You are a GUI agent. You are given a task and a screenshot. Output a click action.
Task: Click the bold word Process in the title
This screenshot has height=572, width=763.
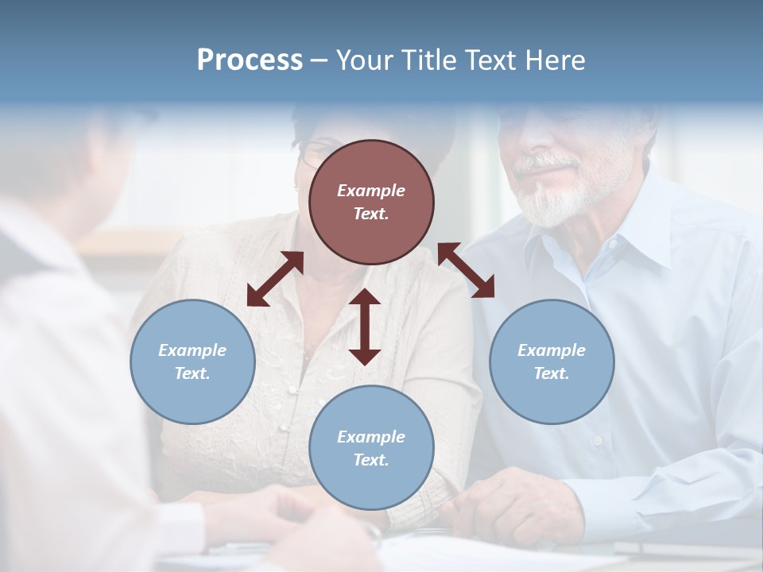pyautogui.click(x=250, y=60)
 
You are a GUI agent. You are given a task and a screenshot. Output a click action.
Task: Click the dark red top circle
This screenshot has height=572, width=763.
pyautogui.click(x=371, y=203)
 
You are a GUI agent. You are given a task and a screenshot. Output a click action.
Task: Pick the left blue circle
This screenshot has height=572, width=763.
pyautogui.click(x=192, y=361)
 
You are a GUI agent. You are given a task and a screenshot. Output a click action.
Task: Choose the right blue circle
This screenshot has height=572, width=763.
pyautogui.click(x=552, y=361)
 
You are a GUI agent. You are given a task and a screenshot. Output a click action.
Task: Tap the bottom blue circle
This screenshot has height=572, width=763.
pyautogui.click(x=371, y=448)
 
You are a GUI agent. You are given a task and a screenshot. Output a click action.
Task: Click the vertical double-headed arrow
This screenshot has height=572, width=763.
pyautogui.click(x=365, y=327)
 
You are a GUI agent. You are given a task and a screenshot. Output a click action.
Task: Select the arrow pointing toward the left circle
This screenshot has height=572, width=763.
pyautogui.click(x=275, y=279)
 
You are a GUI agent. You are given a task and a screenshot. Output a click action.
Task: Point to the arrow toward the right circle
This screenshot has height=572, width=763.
pyautogui.click(x=466, y=270)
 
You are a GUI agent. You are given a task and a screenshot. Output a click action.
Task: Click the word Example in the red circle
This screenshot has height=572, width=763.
pyautogui.click(x=371, y=191)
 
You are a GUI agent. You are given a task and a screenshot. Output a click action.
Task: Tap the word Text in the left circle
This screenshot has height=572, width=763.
pyautogui.click(x=192, y=373)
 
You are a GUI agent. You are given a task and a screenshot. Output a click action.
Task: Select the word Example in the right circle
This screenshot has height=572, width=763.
pyautogui.click(x=552, y=350)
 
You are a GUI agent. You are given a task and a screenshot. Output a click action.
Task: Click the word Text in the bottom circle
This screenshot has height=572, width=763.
pyautogui.click(x=371, y=460)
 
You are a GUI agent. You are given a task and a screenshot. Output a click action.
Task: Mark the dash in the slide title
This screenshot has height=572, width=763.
pyautogui.click(x=319, y=60)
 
